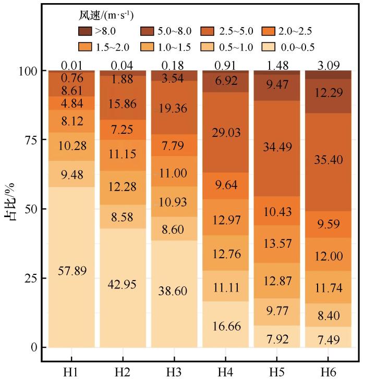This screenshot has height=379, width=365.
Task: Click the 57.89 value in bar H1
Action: click(x=71, y=271)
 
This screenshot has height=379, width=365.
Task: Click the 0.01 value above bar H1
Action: click(x=71, y=66)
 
